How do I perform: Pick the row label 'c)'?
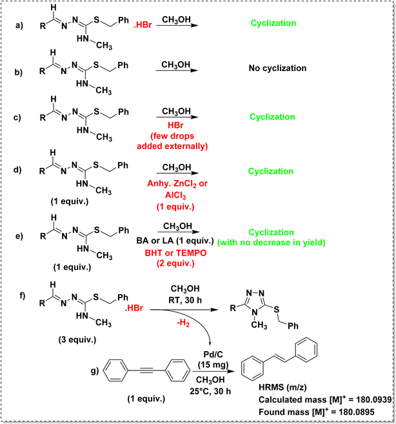pyautogui.click(x=24, y=116)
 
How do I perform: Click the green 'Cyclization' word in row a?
pyautogui.click(x=274, y=23)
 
